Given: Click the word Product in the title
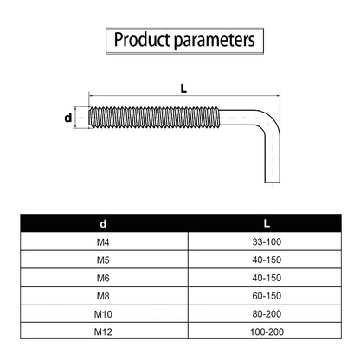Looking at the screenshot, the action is (142, 40).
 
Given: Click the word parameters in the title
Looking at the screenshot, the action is (215, 41).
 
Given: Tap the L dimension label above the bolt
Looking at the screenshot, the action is (183, 88).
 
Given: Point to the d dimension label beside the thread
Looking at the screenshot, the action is (68, 118).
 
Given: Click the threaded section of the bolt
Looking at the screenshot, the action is (154, 117).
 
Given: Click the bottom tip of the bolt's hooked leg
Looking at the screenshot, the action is (273, 183).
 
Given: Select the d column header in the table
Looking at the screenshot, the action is (103, 223).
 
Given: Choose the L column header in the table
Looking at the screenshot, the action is (267, 223).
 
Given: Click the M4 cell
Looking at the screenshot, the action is (103, 241).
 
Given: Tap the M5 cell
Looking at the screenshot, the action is (103, 260).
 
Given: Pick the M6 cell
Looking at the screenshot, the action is (103, 278).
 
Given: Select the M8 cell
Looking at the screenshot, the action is (103, 296).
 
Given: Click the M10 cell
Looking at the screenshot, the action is (103, 313).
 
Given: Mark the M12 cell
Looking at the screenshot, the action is (103, 331).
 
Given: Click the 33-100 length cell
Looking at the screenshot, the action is (267, 241).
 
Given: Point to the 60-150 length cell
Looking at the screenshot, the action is (267, 296).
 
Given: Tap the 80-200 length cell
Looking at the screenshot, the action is (267, 313).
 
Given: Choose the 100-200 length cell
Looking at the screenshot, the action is (267, 331).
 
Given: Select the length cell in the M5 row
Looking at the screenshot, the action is (267, 260).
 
